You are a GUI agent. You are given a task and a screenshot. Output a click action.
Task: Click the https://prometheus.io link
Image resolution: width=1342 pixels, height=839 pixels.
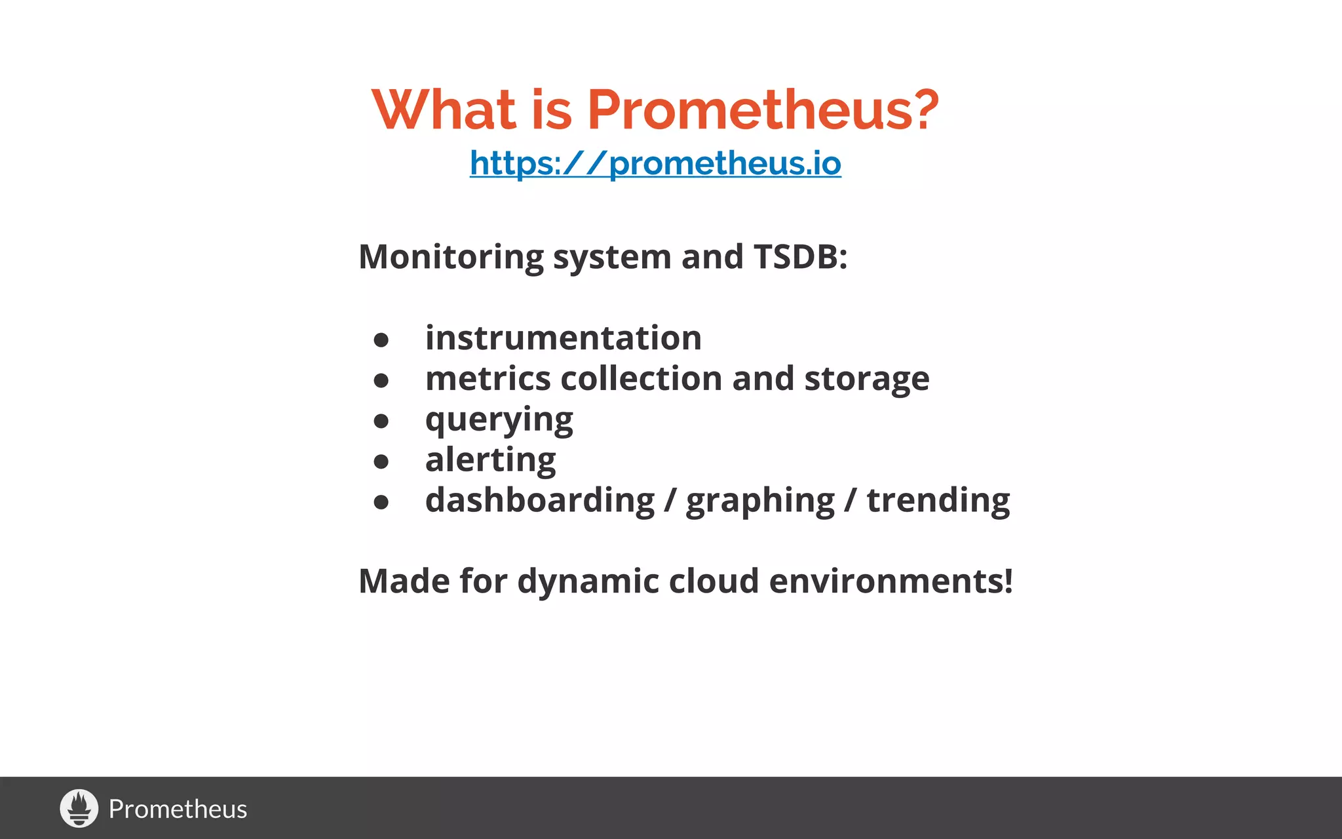click(655, 163)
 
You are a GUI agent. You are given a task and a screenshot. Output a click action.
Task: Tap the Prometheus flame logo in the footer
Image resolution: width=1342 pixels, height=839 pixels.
click(79, 808)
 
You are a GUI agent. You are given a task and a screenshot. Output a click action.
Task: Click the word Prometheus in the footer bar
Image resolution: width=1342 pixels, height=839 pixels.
click(178, 810)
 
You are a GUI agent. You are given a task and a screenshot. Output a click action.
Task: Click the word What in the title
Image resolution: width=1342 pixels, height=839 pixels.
click(444, 109)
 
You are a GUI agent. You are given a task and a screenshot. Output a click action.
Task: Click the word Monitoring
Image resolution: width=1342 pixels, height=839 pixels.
click(451, 256)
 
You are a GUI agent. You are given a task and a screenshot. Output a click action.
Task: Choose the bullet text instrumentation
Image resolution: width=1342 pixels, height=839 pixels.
click(563, 338)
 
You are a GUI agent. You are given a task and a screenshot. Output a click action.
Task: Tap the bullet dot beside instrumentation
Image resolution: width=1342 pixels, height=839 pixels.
click(381, 340)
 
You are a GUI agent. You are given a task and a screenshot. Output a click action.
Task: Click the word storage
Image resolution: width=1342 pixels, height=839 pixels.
click(866, 379)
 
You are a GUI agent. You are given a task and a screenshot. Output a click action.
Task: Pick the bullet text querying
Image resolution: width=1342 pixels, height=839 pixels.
click(499, 420)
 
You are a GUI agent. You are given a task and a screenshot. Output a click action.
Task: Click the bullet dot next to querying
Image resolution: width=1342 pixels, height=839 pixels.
click(381, 421)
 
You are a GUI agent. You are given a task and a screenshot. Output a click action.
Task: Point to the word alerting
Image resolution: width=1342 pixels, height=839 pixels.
click(490, 460)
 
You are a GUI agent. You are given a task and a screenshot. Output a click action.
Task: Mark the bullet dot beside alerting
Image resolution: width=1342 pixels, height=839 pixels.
click(381, 462)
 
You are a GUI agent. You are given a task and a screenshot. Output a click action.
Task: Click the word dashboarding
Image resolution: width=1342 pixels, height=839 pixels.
click(540, 501)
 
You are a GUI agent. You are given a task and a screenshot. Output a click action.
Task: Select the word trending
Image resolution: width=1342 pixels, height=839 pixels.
click(938, 501)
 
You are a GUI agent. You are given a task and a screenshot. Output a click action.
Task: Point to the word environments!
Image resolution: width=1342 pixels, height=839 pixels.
click(891, 581)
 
